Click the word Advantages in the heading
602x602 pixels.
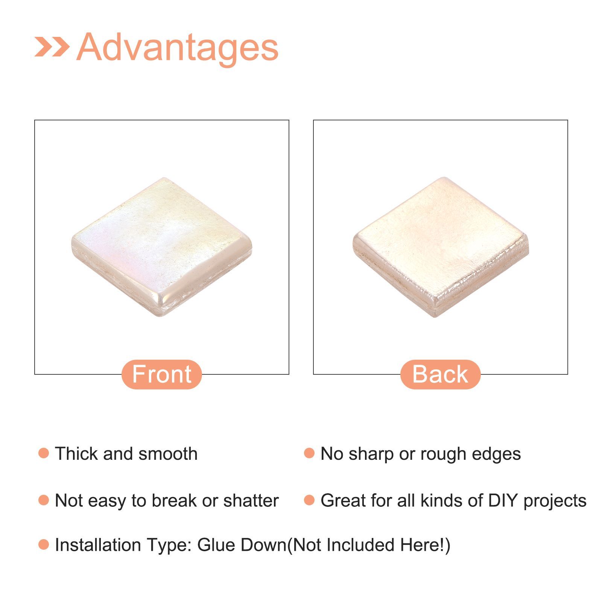177,48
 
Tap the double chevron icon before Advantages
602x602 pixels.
52,46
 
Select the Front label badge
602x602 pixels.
162,374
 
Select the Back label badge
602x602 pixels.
440,374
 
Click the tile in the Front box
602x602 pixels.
162,247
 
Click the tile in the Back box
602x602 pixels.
441,247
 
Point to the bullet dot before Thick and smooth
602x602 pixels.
44,453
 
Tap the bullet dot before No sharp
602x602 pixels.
309,453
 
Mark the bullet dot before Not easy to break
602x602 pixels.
44,500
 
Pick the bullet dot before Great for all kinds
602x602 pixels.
309,500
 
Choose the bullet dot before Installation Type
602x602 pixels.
44,544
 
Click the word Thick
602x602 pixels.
77,453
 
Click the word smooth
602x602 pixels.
168,453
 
